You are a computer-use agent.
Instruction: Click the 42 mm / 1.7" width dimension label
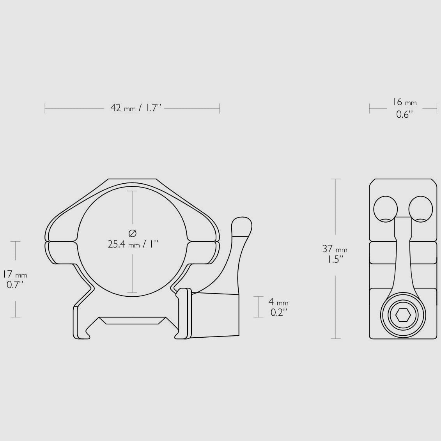[x=136, y=108]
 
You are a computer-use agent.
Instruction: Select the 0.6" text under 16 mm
[x=404, y=115]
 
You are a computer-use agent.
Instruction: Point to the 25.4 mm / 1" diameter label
[x=133, y=244]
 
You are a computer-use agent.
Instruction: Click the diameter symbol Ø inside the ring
[x=133, y=233]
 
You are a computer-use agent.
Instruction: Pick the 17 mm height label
[x=15, y=274]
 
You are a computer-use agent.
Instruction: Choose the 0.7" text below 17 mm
[x=15, y=285]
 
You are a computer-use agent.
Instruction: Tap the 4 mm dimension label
[x=278, y=302]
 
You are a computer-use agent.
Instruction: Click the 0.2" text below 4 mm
[x=279, y=312]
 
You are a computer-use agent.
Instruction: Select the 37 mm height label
[x=335, y=249]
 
